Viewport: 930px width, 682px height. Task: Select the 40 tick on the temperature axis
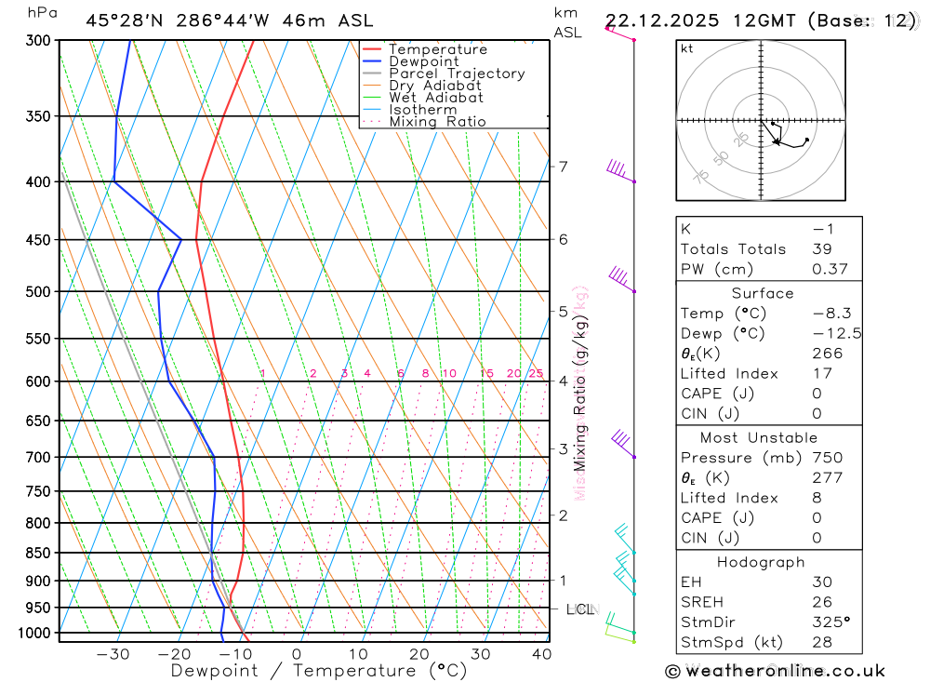click(x=541, y=654)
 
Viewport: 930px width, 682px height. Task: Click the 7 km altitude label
click(x=563, y=167)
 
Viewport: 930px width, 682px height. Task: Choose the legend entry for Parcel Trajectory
click(x=457, y=74)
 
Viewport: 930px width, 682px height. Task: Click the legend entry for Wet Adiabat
click(x=436, y=98)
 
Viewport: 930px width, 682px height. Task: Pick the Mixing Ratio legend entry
click(x=437, y=122)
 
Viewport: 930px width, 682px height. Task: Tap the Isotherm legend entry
click(x=423, y=110)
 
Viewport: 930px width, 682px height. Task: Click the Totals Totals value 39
click(x=822, y=249)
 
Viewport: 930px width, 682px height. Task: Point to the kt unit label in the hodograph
click(x=687, y=49)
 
